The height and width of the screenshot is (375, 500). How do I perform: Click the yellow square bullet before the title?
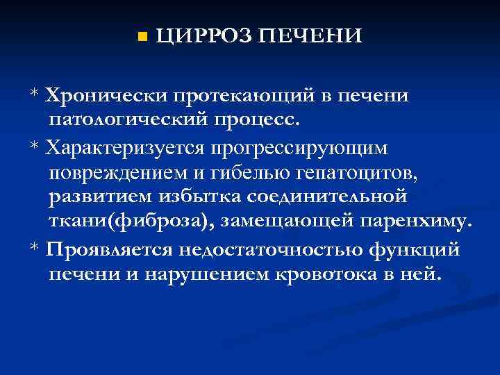click(x=142, y=36)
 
